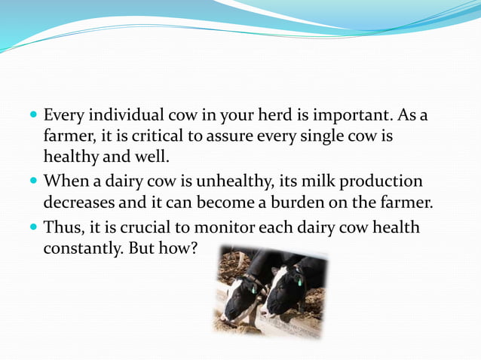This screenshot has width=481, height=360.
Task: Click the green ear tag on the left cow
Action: pyautogui.click(x=254, y=288)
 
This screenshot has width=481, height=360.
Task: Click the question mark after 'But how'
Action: pyautogui.click(x=192, y=248)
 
